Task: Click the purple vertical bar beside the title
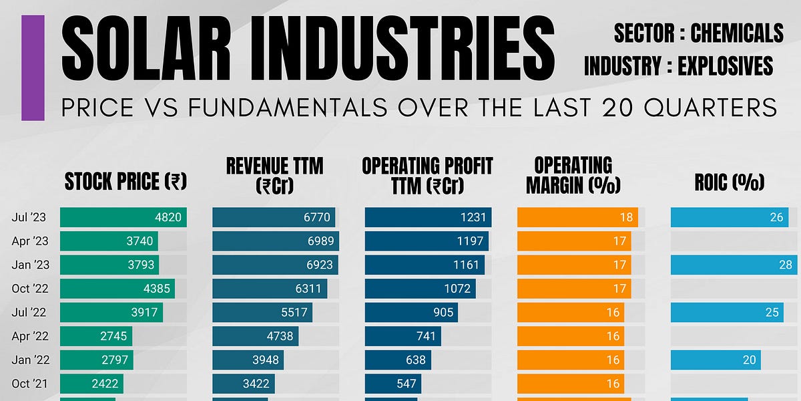[x=33, y=68]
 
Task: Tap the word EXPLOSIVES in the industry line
[x=726, y=66]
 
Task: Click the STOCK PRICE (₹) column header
[x=125, y=181]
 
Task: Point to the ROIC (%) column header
[x=729, y=182]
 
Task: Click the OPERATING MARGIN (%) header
[x=573, y=175]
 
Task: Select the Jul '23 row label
[x=29, y=217]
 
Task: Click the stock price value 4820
[x=168, y=217]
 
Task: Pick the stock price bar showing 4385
[x=117, y=289]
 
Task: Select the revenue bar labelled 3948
[x=248, y=360]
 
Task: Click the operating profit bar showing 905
[x=411, y=313]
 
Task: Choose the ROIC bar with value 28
[x=733, y=265]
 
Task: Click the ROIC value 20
[x=749, y=360]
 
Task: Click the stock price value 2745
[x=113, y=336]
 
